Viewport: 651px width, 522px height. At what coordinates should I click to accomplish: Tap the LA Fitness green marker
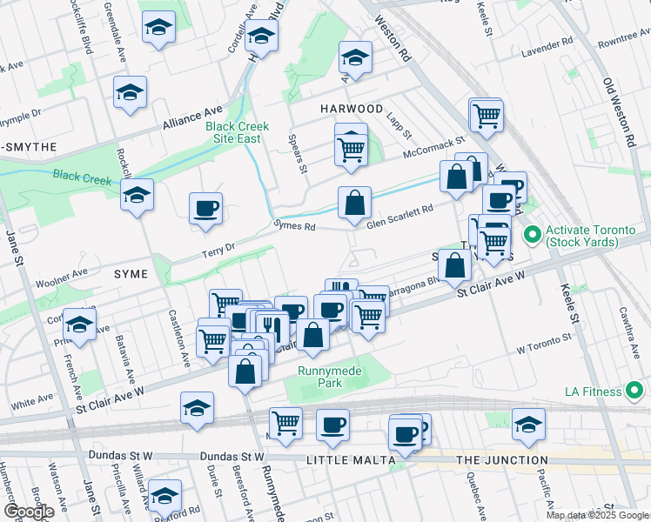click(x=636, y=389)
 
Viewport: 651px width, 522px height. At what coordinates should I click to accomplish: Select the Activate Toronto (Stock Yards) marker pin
click(x=531, y=235)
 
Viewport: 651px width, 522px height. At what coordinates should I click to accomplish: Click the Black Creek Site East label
click(x=237, y=132)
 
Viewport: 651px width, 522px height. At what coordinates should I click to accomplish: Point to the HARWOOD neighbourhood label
click(x=351, y=109)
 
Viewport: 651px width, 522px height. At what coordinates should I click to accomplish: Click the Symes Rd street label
click(x=293, y=226)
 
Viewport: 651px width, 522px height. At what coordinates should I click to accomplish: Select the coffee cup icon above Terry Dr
click(x=205, y=209)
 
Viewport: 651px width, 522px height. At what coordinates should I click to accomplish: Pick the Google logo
click(x=28, y=512)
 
